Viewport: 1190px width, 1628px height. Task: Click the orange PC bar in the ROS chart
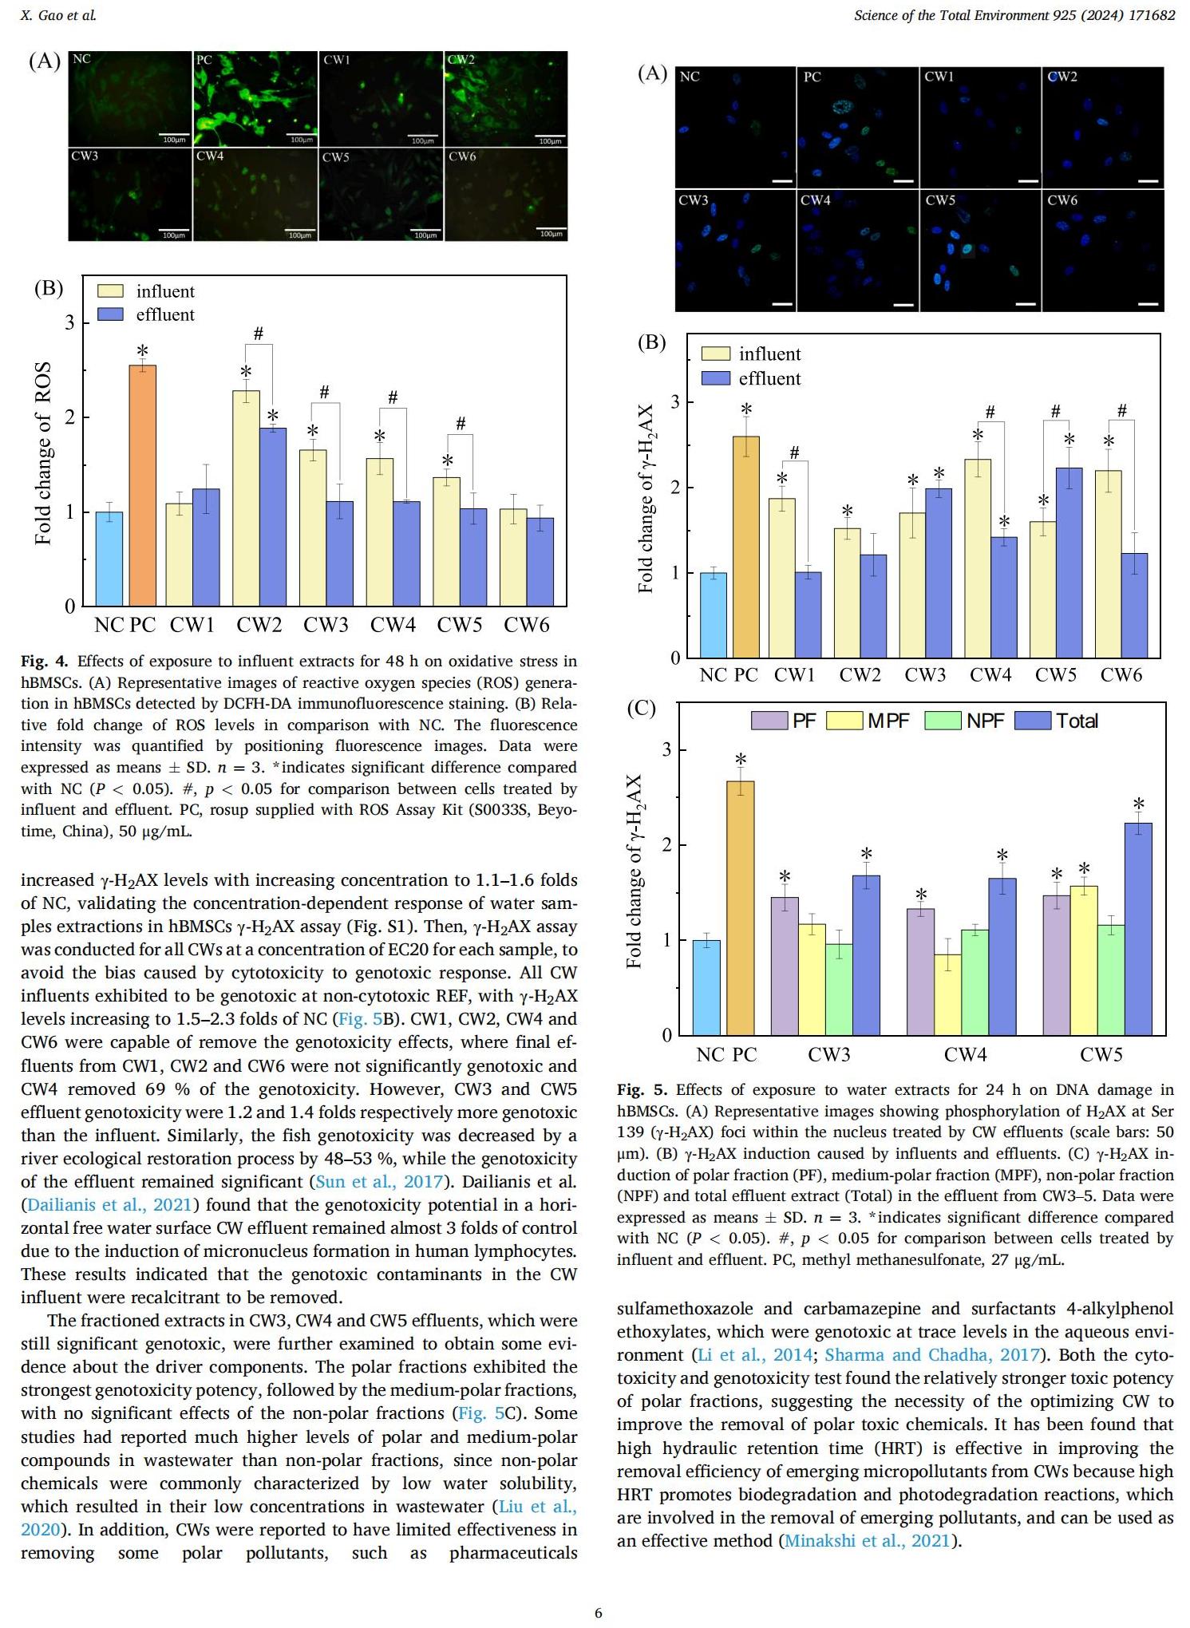(x=142, y=485)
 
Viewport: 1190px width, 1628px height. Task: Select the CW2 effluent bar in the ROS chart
(x=273, y=517)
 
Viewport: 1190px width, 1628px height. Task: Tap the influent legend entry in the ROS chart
(x=145, y=291)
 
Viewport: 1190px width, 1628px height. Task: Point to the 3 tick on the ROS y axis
(x=70, y=322)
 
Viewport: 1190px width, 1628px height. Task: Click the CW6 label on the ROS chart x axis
(x=527, y=625)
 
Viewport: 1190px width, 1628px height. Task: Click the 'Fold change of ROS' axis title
(x=43, y=452)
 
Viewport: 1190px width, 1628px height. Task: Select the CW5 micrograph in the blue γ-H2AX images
(x=981, y=251)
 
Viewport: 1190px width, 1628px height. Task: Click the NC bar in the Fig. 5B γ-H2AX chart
(x=714, y=615)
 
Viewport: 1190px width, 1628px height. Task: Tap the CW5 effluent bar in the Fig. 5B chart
(x=1069, y=563)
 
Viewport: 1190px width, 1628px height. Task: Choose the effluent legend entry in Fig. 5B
(x=751, y=378)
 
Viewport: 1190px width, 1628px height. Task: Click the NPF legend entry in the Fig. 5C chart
(x=964, y=721)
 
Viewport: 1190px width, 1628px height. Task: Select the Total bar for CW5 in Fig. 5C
(x=1138, y=929)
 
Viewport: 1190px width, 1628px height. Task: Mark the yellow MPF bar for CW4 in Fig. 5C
(x=947, y=994)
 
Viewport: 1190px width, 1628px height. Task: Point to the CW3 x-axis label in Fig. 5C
(x=829, y=1055)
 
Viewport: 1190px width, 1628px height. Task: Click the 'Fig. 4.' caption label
(x=45, y=662)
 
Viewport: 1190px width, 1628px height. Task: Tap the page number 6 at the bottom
(x=599, y=1613)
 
